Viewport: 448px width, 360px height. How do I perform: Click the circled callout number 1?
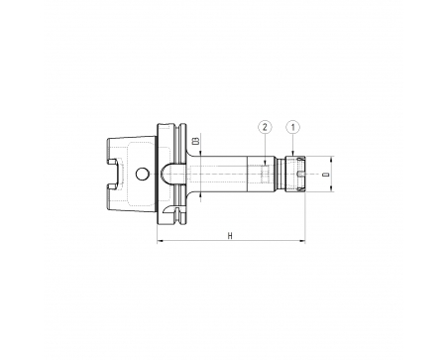pyautogui.click(x=293, y=127)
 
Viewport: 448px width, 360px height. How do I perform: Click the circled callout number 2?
pyautogui.click(x=265, y=127)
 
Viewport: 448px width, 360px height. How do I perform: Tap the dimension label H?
pyautogui.click(x=230, y=236)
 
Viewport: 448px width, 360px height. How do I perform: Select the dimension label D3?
pyautogui.click(x=196, y=141)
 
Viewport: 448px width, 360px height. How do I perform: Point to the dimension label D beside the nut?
pyautogui.click(x=326, y=174)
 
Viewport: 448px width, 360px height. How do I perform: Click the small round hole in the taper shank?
pyautogui.click(x=142, y=174)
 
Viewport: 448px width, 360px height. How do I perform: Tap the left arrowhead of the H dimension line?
pyautogui.click(x=160, y=242)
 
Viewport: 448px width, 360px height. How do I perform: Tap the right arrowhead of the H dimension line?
pyautogui.click(x=302, y=242)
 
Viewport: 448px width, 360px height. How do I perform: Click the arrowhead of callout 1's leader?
pyautogui.click(x=293, y=153)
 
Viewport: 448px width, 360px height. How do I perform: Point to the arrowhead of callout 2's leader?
pyautogui.click(x=265, y=163)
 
